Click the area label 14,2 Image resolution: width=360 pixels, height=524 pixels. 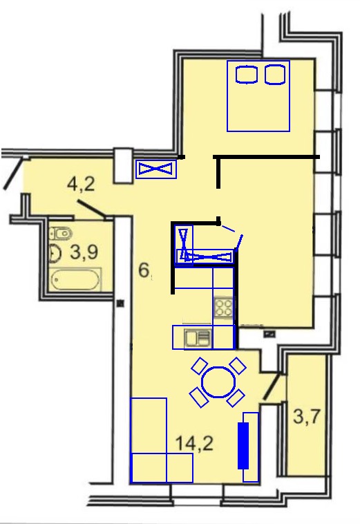coord(194,444)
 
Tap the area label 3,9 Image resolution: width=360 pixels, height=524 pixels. coord(84,252)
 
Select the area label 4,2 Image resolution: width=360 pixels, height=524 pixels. coord(81,184)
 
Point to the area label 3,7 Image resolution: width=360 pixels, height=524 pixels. coord(307,416)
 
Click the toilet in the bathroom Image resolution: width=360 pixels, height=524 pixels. coord(60,233)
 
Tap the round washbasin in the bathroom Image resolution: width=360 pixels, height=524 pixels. coord(55,253)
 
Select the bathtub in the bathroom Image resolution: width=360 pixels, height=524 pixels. coord(75,279)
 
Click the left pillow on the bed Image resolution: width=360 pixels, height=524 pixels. coord(247,75)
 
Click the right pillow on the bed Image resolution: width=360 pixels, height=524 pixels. coord(275,75)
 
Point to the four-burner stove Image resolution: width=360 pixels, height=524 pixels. coord(223,308)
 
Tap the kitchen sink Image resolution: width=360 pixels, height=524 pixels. coord(198,337)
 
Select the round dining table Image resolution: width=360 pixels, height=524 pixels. coord(219,382)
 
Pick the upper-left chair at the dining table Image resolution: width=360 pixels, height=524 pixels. coord(200,366)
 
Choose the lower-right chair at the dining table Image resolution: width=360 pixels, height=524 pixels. coord(236,398)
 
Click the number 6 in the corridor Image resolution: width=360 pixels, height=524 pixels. coord(144,270)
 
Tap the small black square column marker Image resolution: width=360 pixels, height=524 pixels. coord(120,303)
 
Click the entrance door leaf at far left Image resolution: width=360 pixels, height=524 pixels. coord(13,173)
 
